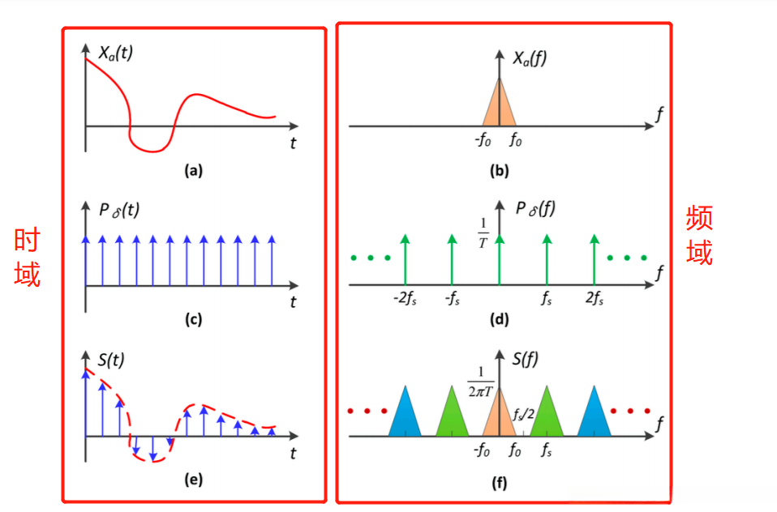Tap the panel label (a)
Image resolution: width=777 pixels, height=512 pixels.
point(193,170)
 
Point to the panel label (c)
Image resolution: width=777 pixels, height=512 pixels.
point(193,319)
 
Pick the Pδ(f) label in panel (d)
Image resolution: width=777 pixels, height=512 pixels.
point(534,210)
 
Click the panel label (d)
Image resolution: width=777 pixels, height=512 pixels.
point(499,319)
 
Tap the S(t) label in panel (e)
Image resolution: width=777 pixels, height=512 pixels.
point(111,358)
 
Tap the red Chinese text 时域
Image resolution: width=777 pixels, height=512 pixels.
point(27,257)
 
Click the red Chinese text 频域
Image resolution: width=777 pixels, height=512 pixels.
point(699,235)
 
